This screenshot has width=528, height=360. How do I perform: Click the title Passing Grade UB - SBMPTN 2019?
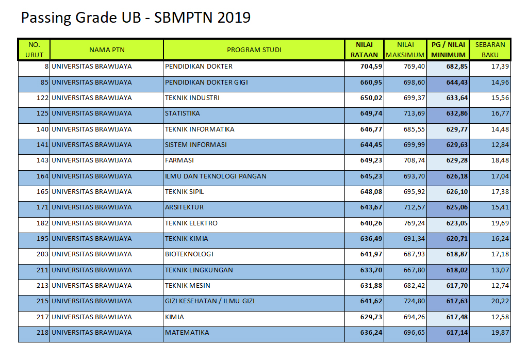[x=135, y=18]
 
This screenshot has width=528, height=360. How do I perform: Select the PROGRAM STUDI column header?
[x=254, y=50]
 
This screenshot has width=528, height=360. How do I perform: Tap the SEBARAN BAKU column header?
[x=490, y=50]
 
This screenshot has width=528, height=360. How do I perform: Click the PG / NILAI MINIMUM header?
[x=448, y=50]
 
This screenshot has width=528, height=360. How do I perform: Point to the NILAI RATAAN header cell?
[x=365, y=50]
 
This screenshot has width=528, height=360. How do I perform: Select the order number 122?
[x=42, y=98]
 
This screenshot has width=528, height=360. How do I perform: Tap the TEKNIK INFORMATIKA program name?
[x=200, y=129]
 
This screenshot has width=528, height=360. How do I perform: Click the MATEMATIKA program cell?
[x=187, y=333]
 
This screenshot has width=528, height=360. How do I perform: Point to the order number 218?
[x=42, y=333]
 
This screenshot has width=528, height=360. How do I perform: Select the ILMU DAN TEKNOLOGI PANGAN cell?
[x=216, y=176]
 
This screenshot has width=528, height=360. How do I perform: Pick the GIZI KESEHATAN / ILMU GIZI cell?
[x=209, y=301]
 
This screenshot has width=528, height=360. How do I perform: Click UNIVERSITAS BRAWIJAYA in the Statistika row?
[x=91, y=113]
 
